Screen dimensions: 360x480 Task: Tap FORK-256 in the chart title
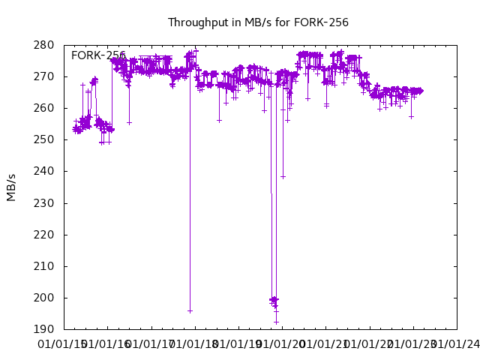point(323,22)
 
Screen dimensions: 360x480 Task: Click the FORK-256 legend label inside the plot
point(98,55)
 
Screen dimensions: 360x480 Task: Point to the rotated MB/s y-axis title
point(11,187)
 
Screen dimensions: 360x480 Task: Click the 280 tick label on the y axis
point(43,45)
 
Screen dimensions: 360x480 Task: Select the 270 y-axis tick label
point(43,76)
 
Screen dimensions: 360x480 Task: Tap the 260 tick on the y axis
point(43,108)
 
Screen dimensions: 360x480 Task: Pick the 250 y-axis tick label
point(43,139)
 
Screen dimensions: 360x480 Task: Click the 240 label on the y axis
point(43,172)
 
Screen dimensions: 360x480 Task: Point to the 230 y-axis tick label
point(43,203)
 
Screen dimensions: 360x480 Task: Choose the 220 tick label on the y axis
point(43,235)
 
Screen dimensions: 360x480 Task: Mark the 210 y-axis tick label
point(43,266)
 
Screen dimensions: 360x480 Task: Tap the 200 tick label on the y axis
point(43,298)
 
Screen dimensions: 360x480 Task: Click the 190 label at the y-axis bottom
point(43,329)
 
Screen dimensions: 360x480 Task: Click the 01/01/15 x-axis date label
point(64,344)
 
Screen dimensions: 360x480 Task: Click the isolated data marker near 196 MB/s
point(190,310)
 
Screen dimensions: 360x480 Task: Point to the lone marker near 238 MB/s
point(283,177)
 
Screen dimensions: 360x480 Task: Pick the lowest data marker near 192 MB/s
point(276,322)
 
